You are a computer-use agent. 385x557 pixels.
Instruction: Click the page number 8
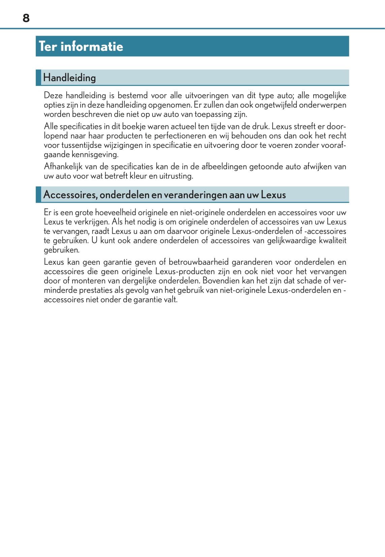(26, 18)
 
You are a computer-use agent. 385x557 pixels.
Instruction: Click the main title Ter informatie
(81, 46)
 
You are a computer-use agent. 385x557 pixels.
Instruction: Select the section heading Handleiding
(69, 78)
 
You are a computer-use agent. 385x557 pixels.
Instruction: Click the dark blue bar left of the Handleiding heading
(38, 78)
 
